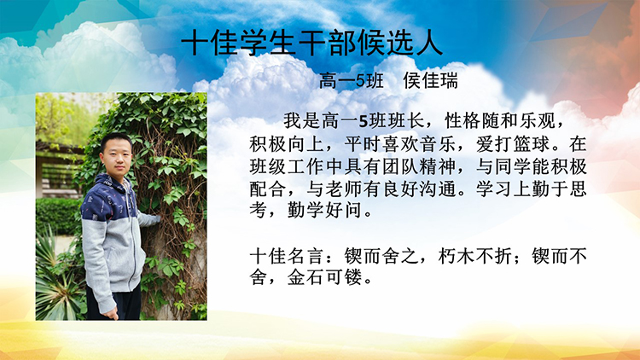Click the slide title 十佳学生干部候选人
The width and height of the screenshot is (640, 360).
click(x=311, y=43)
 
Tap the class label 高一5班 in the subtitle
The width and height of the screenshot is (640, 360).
click(x=352, y=80)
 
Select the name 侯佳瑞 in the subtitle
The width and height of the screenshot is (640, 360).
click(x=431, y=80)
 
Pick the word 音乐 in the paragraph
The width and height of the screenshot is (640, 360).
click(x=439, y=143)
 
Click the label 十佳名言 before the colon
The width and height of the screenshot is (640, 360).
click(x=287, y=256)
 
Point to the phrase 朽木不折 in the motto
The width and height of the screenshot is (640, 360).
click(x=475, y=256)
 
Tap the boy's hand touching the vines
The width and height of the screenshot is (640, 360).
click(x=153, y=220)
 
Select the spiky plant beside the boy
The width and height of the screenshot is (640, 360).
click(x=57, y=282)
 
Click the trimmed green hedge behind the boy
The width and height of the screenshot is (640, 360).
click(x=58, y=217)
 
